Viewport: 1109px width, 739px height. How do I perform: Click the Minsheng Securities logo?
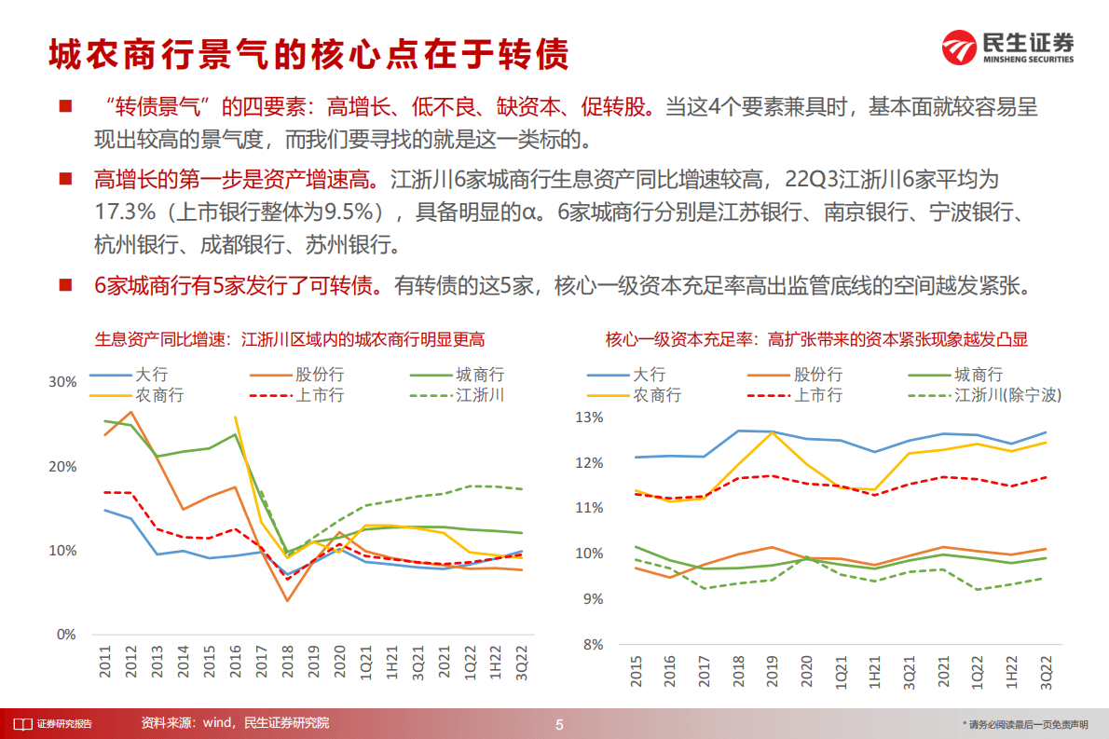click(1006, 47)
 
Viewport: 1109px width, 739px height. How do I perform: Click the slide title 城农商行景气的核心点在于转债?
click(308, 54)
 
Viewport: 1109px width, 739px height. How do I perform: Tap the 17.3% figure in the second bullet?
click(121, 212)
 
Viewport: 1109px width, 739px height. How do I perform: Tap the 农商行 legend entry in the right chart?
click(658, 395)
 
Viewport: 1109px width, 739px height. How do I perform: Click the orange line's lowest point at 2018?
click(288, 601)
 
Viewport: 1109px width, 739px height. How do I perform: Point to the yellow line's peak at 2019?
click(773, 432)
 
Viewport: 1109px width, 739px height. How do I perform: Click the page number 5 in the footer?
click(558, 724)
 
